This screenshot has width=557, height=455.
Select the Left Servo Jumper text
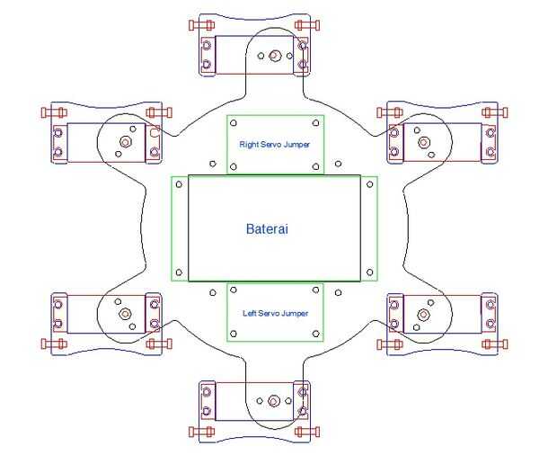pyautogui.click(x=275, y=314)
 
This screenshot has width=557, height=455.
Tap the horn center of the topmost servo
pyautogui.click(x=276, y=56)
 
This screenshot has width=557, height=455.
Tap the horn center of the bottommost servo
pyautogui.click(x=274, y=401)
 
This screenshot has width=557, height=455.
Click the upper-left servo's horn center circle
pyautogui.click(x=125, y=141)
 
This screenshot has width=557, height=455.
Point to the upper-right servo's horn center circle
pyautogui.click(x=420, y=141)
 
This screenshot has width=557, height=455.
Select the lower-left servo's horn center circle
pyautogui.click(x=125, y=314)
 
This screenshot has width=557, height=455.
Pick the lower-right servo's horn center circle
pyautogui.click(x=420, y=314)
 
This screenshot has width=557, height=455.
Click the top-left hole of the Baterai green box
pyautogui.click(x=180, y=184)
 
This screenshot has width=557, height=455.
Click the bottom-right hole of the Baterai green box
pyautogui.click(x=368, y=272)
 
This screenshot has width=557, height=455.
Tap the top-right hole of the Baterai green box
pyautogui.click(x=368, y=184)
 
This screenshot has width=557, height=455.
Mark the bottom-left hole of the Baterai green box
pyautogui.click(x=180, y=272)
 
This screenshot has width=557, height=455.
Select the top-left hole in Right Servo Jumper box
pyautogui.click(x=235, y=123)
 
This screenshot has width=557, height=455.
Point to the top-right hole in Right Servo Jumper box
pyautogui.click(x=314, y=123)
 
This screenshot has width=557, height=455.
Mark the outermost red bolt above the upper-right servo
pyautogui.click(x=490, y=112)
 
